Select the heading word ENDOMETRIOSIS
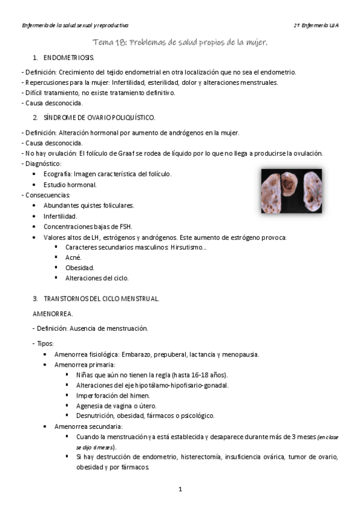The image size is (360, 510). pyautogui.click(x=69, y=58)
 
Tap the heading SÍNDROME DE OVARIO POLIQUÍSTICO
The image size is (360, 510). pyautogui.click(x=99, y=117)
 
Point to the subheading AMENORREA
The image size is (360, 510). pyautogui.click(x=53, y=313)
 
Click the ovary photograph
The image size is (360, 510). pyautogui.click(x=291, y=191)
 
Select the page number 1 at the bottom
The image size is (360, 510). pyautogui.click(x=180, y=490)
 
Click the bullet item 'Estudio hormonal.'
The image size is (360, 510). pyautogui.click(x=70, y=184)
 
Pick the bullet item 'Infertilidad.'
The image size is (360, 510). pyautogui.click(x=60, y=216)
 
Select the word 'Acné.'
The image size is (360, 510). pyautogui.click(x=74, y=257)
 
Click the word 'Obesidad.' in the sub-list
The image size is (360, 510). pyautogui.click(x=79, y=268)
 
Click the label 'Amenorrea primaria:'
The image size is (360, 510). pyautogui.click(x=85, y=364)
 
